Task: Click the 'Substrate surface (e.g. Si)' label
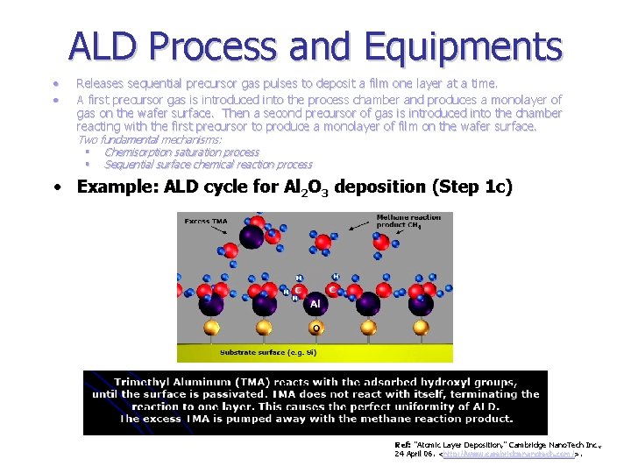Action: pos(268,352)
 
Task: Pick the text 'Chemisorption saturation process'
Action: pos(181,152)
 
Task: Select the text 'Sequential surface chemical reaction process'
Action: pos(208,165)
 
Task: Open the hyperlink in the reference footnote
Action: pos(509,455)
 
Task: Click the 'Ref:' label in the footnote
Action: pos(403,445)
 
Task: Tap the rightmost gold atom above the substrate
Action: pos(422,328)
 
